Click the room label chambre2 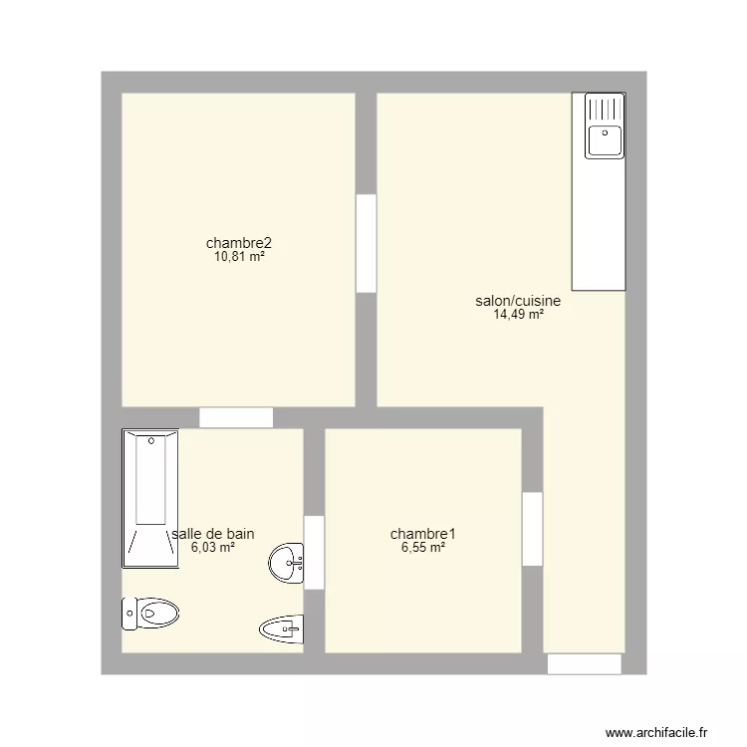(239, 243)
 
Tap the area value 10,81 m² (239, 257)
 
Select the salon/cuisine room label (518, 301)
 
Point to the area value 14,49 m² (518, 315)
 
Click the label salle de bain (213, 534)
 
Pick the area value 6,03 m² (213, 548)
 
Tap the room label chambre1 (417, 534)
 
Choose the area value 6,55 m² (417, 548)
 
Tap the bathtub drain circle (150, 439)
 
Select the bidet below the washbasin (281, 627)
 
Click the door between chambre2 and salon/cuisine (366, 243)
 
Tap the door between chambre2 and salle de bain (236, 418)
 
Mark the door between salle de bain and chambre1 (314, 552)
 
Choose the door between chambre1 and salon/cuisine (533, 529)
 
